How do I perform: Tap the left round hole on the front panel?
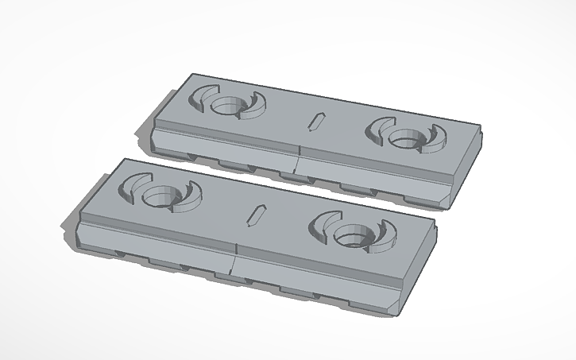[162, 193]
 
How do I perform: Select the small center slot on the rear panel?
[316, 122]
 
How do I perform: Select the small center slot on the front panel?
[256, 215]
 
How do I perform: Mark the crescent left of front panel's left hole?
[130, 185]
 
